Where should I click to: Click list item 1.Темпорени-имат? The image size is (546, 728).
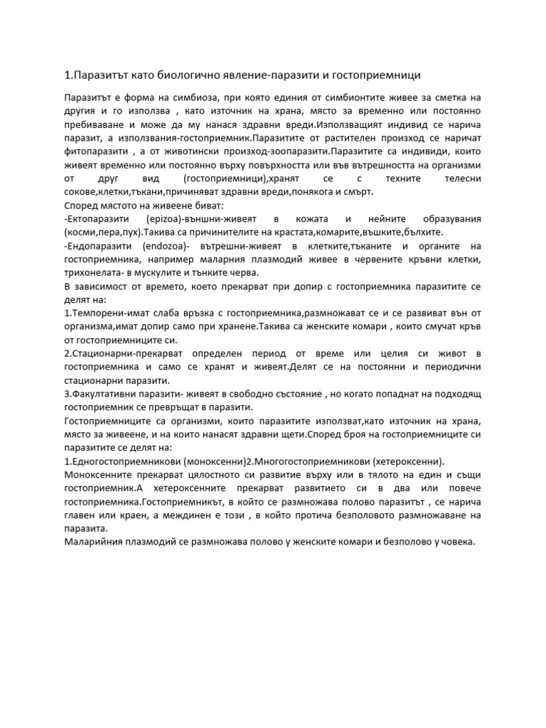pyautogui.click(x=104, y=314)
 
